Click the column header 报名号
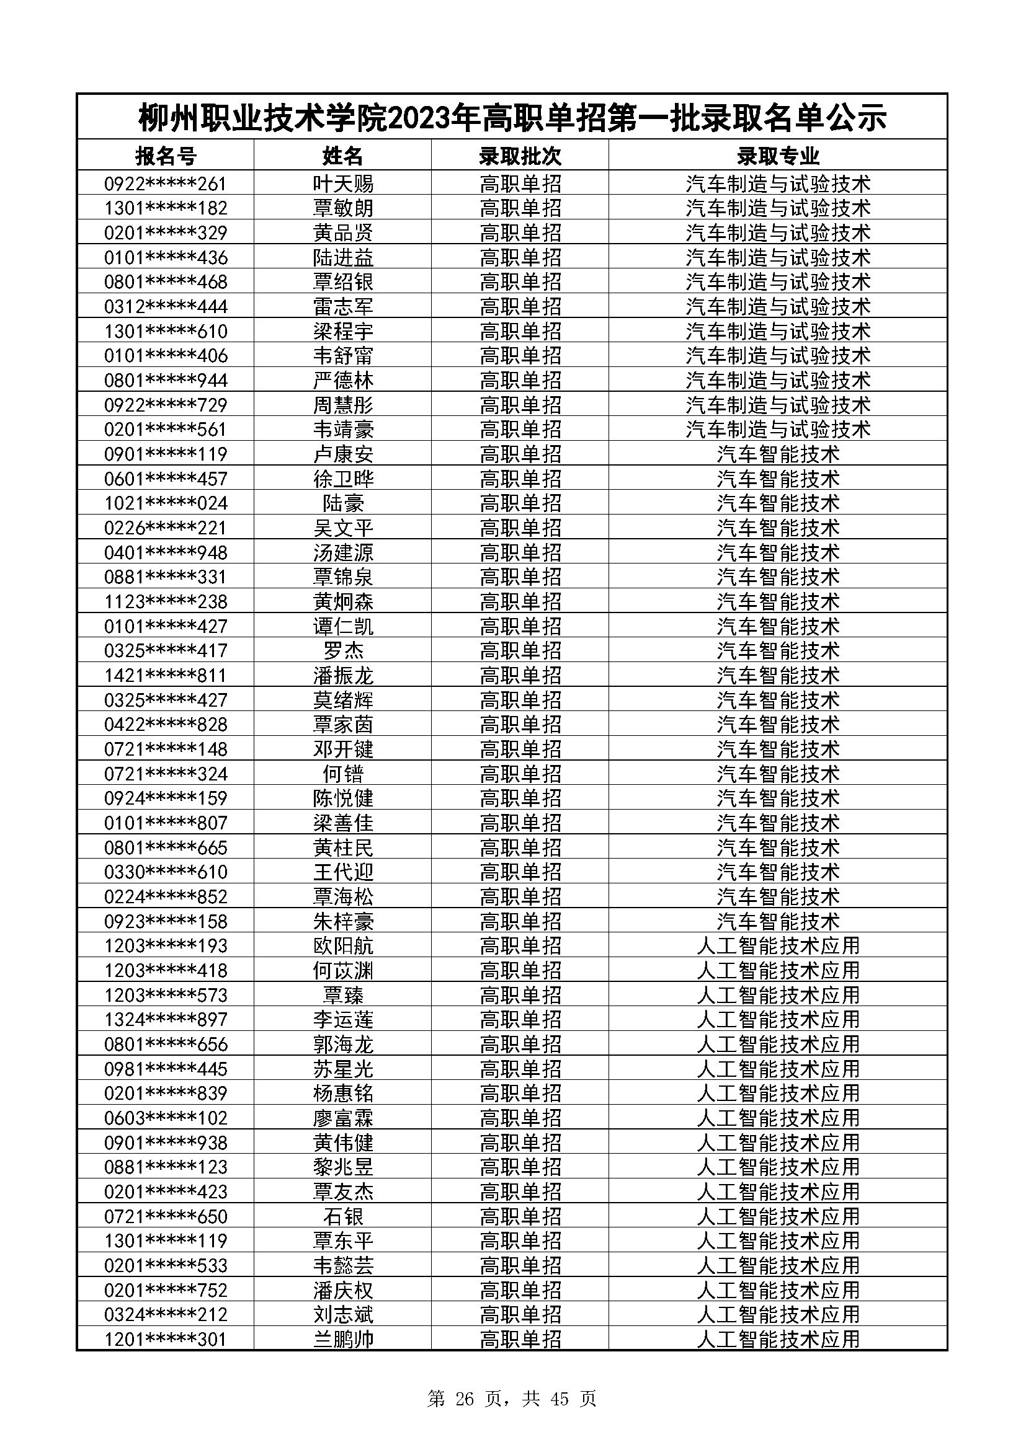pos(166,156)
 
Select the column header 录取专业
pos(778,156)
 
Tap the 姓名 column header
pos(343,156)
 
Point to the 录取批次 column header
pos(520,156)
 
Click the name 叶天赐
pos(343,183)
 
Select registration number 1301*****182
pos(166,208)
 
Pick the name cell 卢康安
pos(343,454)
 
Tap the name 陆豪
pos(343,503)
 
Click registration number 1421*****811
pos(166,676)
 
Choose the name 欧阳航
pos(343,946)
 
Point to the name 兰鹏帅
pos(343,1340)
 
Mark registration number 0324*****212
pos(166,1315)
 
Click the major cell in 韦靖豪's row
pos(778,430)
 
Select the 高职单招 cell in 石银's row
pos(520,1216)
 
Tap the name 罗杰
pos(343,651)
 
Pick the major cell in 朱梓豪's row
pos(778,921)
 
